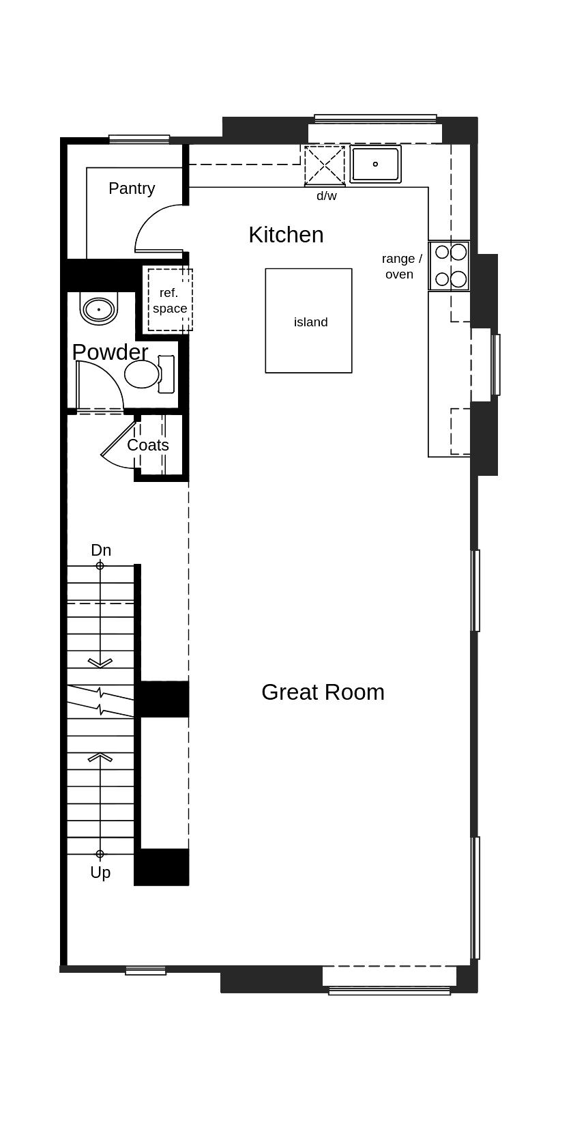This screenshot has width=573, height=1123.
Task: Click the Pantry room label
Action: (x=132, y=188)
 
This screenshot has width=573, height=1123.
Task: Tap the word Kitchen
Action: (x=286, y=235)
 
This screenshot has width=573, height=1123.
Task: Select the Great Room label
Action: (x=323, y=692)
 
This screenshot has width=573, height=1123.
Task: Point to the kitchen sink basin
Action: (x=375, y=165)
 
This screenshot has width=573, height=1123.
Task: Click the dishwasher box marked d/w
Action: (x=325, y=165)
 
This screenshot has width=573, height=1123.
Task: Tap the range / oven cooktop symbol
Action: (x=450, y=266)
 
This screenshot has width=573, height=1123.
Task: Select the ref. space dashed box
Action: (x=170, y=300)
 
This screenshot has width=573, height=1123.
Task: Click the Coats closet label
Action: (x=148, y=445)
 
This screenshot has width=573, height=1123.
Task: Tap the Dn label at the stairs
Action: (x=101, y=550)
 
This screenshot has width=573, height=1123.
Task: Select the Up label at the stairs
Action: (x=100, y=872)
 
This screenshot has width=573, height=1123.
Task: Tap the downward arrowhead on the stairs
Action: (x=100, y=663)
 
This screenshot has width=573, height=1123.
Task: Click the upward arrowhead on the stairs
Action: (x=100, y=757)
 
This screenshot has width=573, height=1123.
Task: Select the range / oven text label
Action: (x=401, y=266)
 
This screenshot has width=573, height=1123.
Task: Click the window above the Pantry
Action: (x=139, y=139)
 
